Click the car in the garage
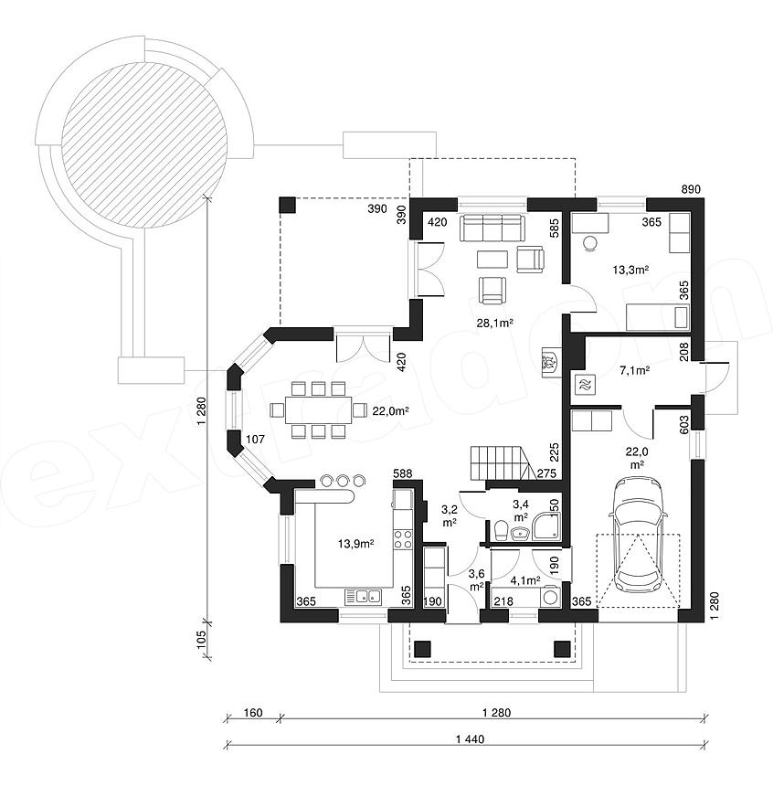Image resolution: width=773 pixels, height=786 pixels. (637, 535)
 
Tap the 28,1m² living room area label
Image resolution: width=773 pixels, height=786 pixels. (494, 324)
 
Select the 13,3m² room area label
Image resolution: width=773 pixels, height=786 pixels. (630, 271)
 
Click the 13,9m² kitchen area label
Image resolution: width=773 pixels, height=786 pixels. (356, 544)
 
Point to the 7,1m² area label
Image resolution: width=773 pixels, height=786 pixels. (635, 370)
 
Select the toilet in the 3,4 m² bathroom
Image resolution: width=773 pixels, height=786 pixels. (501, 530)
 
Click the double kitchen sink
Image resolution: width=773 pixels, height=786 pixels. (363, 597)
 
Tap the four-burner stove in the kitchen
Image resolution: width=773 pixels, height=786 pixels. (403, 539)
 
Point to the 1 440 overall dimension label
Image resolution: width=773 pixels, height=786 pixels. (471, 738)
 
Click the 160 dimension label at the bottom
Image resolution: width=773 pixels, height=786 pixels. (253, 712)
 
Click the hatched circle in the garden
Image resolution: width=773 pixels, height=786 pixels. (144, 144)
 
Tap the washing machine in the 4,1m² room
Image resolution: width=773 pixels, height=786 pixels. (550, 597)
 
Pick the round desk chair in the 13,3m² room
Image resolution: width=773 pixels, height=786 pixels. (590, 242)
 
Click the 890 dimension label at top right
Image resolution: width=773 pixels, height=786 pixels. (691, 189)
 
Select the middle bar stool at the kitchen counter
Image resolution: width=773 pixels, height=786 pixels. (343, 480)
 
